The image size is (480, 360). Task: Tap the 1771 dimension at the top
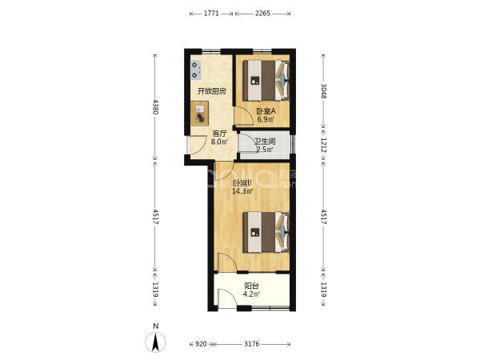coord(211,14)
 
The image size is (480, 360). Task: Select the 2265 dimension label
coord(262,14)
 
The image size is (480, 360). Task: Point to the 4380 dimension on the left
coord(155,106)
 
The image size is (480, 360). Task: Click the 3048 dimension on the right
coord(323,91)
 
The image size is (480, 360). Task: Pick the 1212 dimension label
coord(323,145)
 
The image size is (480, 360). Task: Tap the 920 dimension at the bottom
coord(201,344)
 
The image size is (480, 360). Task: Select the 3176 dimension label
coord(252,344)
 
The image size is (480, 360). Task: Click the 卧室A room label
coord(266,111)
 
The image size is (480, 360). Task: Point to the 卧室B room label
coord(242,183)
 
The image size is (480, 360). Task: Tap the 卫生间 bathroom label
coord(265,142)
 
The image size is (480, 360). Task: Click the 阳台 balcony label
coord(252,286)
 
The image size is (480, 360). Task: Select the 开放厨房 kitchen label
coord(212,91)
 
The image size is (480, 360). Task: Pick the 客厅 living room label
coord(220,134)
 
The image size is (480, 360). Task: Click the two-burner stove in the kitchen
coord(196,70)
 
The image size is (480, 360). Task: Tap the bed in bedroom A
coord(266,81)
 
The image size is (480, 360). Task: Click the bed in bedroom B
coord(266,232)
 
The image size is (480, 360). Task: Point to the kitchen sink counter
coord(199,114)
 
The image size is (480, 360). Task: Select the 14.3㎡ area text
coord(242,192)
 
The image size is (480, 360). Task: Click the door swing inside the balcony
coord(227,296)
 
